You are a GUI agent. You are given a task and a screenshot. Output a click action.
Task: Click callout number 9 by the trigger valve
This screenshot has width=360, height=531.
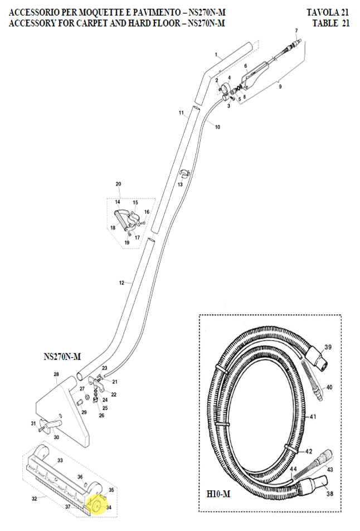pos(280,87)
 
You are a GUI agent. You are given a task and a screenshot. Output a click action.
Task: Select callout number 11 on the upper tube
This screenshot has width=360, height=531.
pos(181,113)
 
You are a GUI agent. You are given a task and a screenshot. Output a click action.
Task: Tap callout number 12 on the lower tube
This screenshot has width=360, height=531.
pos(121,283)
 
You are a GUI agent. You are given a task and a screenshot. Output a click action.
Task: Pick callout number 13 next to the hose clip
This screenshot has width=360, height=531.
pos(180,184)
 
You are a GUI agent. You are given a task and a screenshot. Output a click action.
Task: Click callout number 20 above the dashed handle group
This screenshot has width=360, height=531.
pos(118,184)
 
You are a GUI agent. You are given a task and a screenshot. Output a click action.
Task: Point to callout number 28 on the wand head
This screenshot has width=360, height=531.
pos(56,374)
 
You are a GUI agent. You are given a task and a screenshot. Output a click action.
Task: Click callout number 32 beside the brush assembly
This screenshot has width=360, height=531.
pos(35,498)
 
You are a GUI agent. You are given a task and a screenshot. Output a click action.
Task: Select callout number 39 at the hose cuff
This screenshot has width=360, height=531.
pos(328,348)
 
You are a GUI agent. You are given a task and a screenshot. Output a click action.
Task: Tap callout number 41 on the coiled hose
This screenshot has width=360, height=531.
pos(313,417)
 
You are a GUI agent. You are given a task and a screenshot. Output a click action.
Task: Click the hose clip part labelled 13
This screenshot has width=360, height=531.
pos(184,173)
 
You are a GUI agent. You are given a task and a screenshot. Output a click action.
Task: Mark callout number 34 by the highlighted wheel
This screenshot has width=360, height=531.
pos(109,508)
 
